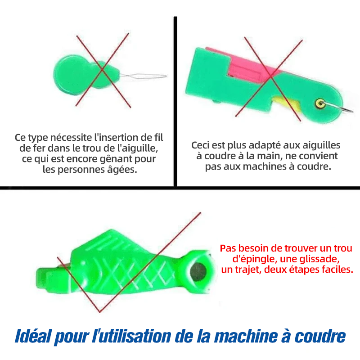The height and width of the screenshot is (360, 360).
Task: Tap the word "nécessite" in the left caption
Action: click(x=71, y=137)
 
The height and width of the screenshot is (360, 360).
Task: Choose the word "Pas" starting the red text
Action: click(x=228, y=248)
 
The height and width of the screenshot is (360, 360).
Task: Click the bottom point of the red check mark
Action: click(x=99, y=312)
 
